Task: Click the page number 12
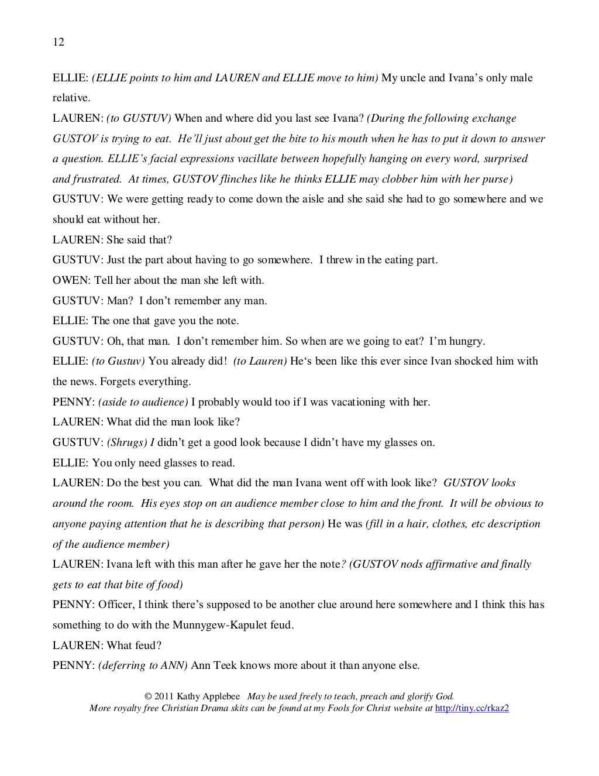tap(58, 42)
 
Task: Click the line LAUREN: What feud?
tap(107, 645)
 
